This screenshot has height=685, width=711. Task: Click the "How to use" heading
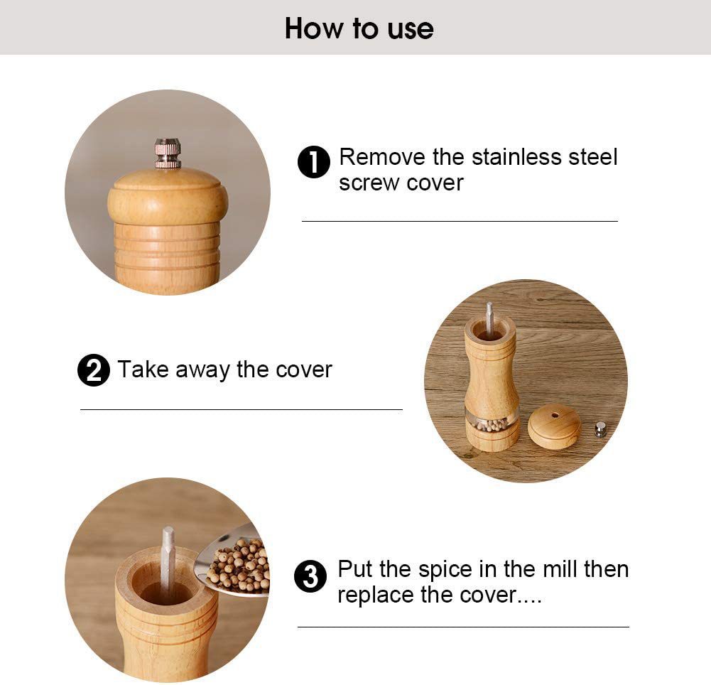pyautogui.click(x=359, y=28)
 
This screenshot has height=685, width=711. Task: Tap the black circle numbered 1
pyautogui.click(x=314, y=162)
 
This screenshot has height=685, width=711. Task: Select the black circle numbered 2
pyautogui.click(x=94, y=370)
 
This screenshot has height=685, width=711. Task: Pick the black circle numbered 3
pyautogui.click(x=310, y=576)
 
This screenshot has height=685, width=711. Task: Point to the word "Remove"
pyautogui.click(x=383, y=157)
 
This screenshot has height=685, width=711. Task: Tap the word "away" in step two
pyautogui.click(x=202, y=370)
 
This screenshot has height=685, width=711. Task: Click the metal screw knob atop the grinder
pyautogui.click(x=168, y=153)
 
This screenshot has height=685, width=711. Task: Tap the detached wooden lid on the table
pyautogui.click(x=554, y=425)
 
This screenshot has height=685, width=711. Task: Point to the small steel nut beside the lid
pyautogui.click(x=600, y=429)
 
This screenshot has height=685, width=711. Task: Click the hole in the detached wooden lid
pyautogui.click(x=554, y=415)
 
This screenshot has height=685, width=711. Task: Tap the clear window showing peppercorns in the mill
pyautogui.click(x=492, y=421)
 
